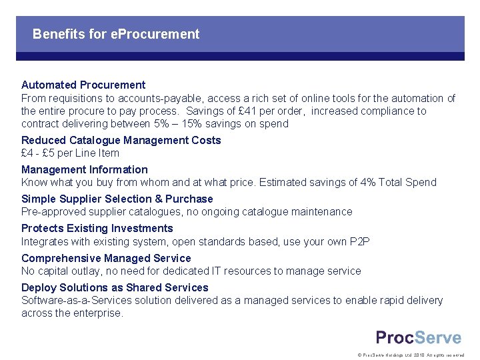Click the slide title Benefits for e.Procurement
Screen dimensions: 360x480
click(x=115, y=34)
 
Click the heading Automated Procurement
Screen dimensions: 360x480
click(x=83, y=85)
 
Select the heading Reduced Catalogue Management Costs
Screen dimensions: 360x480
click(x=121, y=140)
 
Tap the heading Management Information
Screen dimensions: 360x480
click(x=85, y=169)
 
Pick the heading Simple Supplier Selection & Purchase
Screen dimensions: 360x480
click(x=117, y=199)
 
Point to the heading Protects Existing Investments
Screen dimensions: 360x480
click(x=97, y=228)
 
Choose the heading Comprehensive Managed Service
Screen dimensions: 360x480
click(x=106, y=258)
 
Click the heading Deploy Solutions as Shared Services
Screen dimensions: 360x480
click(x=115, y=287)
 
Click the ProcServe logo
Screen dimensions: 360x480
click(x=418, y=337)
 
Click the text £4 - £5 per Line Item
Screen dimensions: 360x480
click(x=70, y=153)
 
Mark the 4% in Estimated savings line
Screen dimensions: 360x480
click(x=361, y=183)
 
